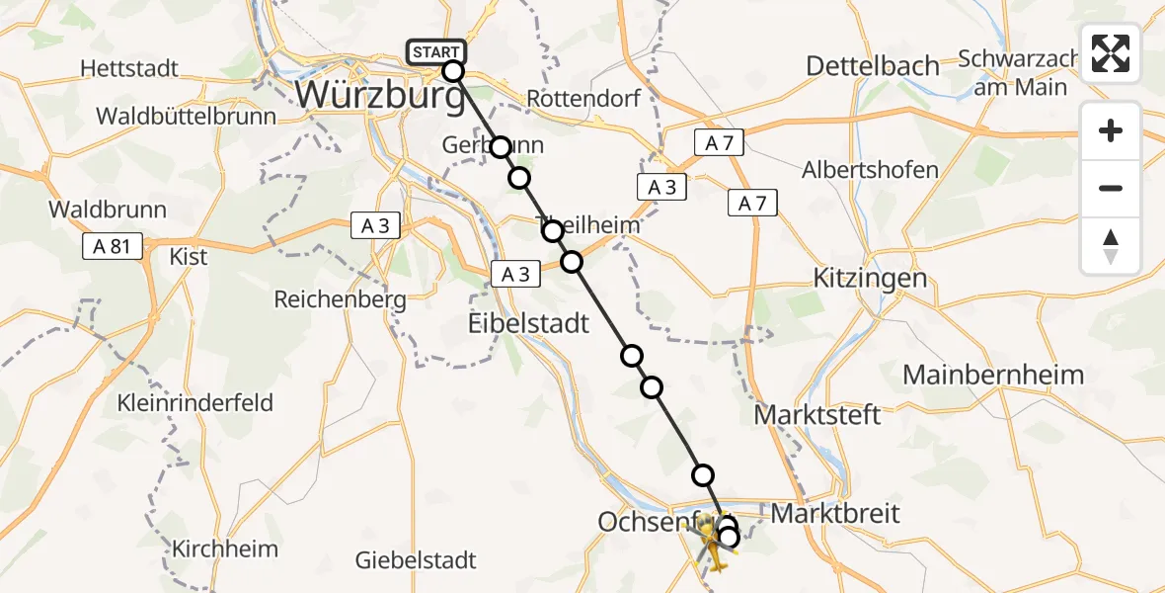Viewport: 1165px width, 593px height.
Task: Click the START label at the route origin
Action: click(x=435, y=52)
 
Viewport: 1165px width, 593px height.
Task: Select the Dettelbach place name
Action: click(x=873, y=66)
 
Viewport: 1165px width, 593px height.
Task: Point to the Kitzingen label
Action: click(x=870, y=278)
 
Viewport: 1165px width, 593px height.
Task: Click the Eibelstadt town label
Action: click(x=528, y=323)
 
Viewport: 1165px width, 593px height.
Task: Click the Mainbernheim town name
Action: click(x=993, y=376)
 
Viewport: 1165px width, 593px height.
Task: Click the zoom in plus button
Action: click(x=1111, y=131)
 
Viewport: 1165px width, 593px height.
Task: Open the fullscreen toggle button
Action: click(x=1111, y=53)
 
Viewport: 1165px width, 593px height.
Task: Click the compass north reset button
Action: click(x=1111, y=246)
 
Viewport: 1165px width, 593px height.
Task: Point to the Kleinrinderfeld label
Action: click(x=195, y=403)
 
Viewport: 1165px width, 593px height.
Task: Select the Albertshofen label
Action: click(x=870, y=169)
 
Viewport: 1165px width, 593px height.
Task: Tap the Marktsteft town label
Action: click(x=817, y=413)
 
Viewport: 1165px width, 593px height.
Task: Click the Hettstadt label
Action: click(x=130, y=68)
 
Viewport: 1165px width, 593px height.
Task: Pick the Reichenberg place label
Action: click(x=340, y=298)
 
